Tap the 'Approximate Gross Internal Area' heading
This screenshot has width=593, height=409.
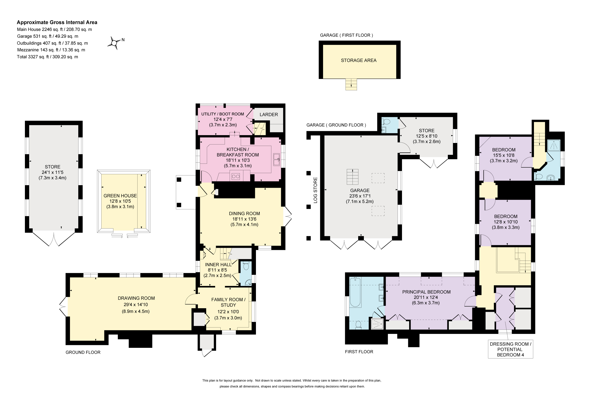[57, 22]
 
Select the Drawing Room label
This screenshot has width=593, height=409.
[136, 298]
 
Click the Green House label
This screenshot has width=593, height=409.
[120, 196]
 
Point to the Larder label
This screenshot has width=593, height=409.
[269, 115]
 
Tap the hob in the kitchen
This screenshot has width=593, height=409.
[236, 176]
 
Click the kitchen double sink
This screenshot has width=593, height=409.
[276, 159]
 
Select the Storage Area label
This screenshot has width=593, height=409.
[359, 60]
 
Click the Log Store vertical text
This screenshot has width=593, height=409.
[315, 190]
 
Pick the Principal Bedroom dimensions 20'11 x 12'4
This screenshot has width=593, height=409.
[426, 297]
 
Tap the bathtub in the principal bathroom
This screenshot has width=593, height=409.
[355, 292]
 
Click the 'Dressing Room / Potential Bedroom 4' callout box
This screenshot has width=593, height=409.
[510, 349]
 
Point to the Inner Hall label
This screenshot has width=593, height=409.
[218, 265]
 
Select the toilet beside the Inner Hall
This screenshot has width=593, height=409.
[246, 266]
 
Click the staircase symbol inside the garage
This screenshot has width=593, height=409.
[352, 177]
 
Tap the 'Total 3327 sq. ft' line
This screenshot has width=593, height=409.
[47, 57]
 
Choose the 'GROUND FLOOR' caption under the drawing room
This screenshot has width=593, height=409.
[83, 352]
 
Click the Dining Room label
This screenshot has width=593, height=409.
[244, 214]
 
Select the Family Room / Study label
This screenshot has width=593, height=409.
[228, 302]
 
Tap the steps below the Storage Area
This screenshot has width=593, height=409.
[351, 84]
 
